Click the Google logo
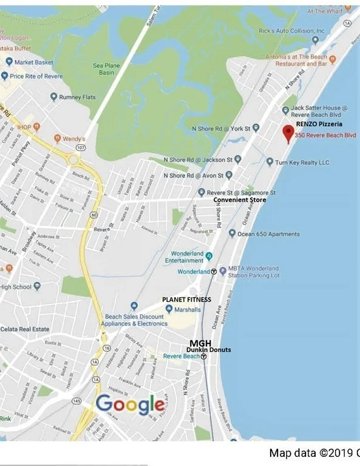[x=130, y=404]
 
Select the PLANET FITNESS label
[x=186, y=300]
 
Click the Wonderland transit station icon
[x=214, y=271]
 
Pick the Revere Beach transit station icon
[x=204, y=357]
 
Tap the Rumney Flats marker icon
[x=54, y=97]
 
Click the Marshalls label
[x=188, y=309]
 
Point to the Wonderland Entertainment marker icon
[x=209, y=256]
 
